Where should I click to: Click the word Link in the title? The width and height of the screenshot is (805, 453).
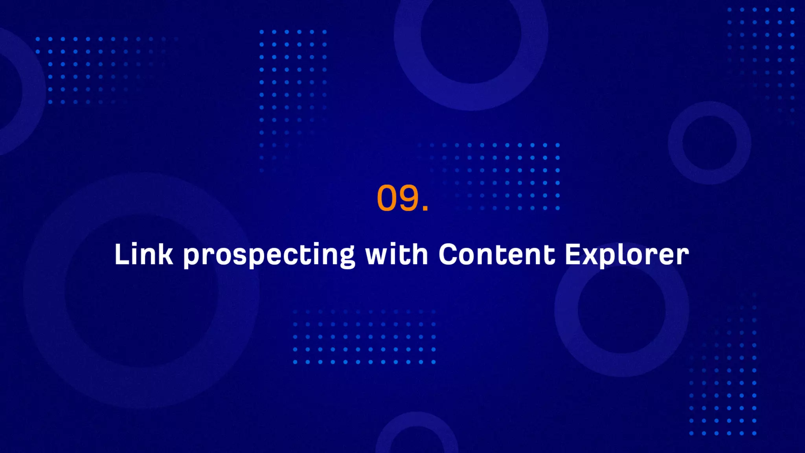(143, 254)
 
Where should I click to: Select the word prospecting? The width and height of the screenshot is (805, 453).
(269, 256)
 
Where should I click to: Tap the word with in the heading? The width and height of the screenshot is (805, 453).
(396, 254)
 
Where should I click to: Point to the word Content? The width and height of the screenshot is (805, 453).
(497, 254)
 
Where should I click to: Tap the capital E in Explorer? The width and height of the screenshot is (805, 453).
(573, 254)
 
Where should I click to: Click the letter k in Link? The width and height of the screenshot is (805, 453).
(166, 254)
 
